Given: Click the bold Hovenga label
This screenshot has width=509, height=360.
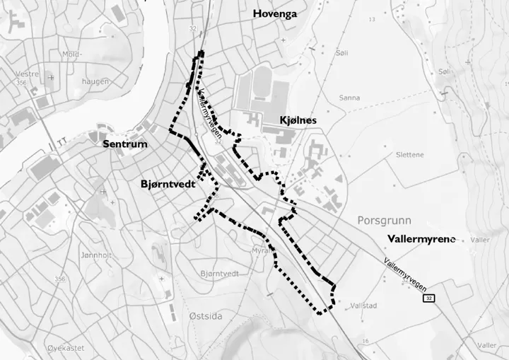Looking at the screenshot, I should click(x=274, y=13).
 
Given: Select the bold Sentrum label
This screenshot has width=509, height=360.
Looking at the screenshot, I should click(x=125, y=144).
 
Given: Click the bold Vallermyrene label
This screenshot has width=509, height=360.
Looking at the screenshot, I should click(x=421, y=239).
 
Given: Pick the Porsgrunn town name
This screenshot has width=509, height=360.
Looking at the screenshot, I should click(x=384, y=220).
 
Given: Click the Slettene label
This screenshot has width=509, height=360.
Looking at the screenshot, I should click(x=410, y=154).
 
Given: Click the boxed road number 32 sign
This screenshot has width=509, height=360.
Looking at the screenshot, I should click(x=429, y=299).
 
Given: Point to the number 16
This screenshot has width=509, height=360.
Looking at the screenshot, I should click(x=365, y=342).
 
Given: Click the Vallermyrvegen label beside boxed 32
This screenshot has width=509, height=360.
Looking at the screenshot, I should click(x=404, y=272).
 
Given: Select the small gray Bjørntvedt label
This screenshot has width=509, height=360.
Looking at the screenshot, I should click(x=219, y=273).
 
